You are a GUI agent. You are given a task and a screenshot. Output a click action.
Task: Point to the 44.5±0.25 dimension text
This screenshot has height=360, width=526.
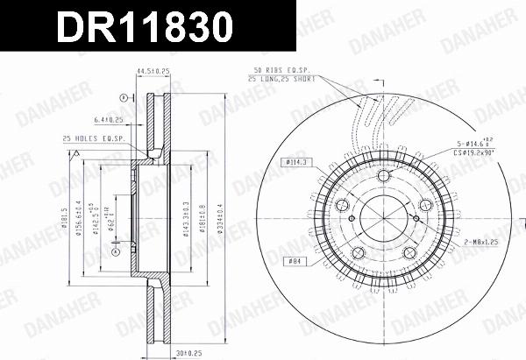(150, 72)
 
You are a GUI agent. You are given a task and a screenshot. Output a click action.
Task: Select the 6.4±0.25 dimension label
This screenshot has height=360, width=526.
(108, 121)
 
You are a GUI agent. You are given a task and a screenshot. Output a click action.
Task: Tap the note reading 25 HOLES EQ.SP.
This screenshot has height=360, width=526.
(93, 138)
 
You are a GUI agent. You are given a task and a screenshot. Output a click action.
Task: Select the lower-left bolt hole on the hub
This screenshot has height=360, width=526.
(356, 253)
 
